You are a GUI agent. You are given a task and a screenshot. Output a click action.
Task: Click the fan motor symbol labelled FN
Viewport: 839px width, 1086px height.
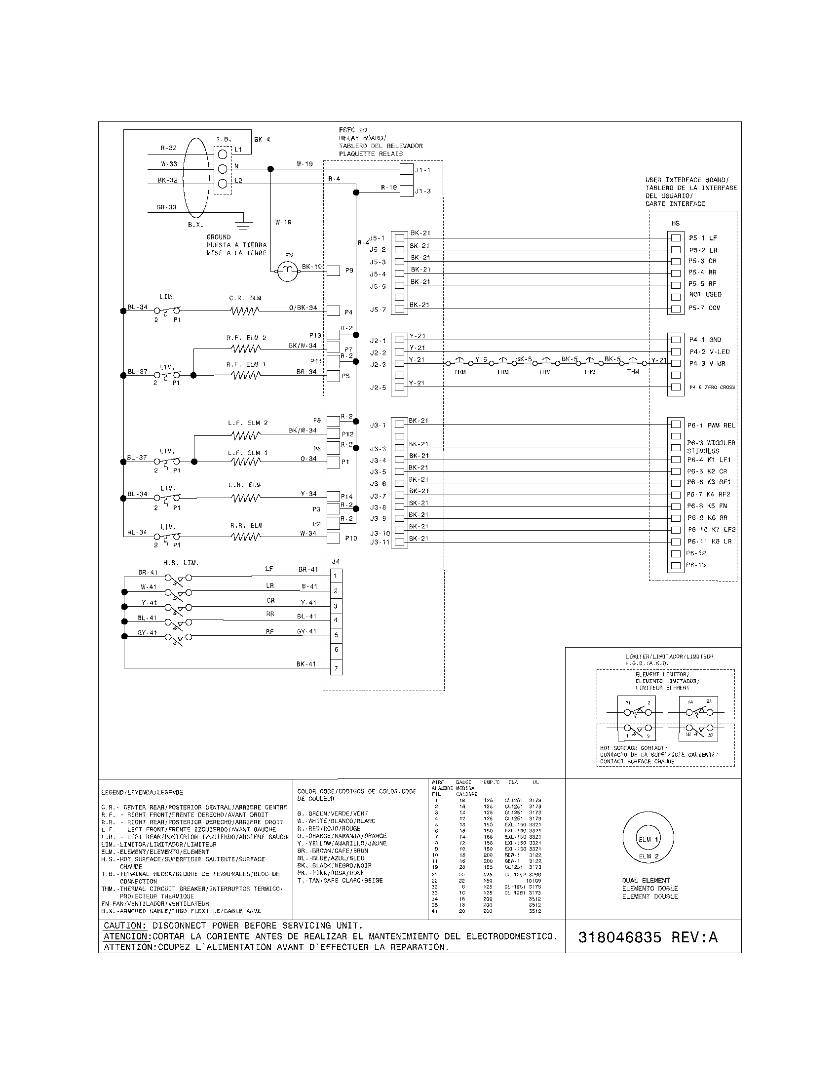coord(287,271)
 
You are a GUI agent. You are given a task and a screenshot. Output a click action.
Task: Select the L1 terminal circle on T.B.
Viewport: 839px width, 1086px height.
coord(223,154)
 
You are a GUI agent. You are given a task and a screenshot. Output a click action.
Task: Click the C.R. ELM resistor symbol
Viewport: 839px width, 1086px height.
coord(245,311)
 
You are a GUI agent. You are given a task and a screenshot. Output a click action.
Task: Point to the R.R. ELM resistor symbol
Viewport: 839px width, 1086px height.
coord(245,537)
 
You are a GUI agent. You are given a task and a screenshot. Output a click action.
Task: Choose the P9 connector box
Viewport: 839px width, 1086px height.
coord(333,271)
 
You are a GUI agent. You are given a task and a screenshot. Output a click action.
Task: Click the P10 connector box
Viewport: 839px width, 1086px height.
coord(333,538)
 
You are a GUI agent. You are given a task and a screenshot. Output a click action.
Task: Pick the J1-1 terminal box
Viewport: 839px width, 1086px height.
coord(407,169)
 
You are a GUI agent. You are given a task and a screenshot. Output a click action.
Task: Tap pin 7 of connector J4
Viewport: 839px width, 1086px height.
coord(336,668)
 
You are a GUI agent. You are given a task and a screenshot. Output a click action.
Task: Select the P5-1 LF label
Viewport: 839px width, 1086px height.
coord(703,238)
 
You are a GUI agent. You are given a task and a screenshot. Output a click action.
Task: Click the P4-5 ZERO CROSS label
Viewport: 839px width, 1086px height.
coord(712,388)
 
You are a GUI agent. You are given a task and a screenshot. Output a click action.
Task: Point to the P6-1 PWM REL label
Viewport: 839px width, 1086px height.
coord(711,426)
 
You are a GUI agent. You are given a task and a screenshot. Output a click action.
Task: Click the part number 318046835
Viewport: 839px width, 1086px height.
coord(620,937)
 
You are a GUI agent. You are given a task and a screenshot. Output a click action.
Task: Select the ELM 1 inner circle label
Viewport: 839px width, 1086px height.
coord(648,839)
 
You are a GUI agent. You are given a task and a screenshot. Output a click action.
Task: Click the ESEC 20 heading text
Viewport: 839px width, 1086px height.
coord(353,130)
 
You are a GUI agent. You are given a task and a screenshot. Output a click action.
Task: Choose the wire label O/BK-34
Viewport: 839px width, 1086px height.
coord(303,308)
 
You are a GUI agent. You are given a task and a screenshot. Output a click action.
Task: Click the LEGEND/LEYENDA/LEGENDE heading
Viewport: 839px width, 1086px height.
coord(142,793)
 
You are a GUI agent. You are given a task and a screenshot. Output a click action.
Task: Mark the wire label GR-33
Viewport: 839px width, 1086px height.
coord(166,207)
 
